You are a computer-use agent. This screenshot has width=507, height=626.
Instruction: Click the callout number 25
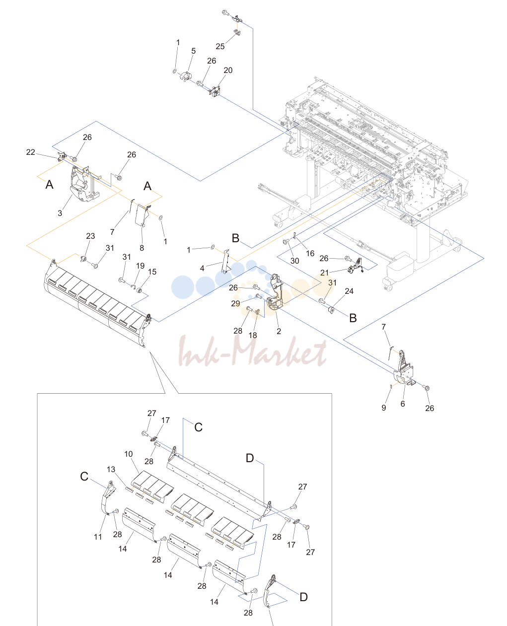pyautogui.click(x=220, y=47)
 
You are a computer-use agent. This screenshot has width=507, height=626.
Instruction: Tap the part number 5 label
pyautogui.click(x=193, y=51)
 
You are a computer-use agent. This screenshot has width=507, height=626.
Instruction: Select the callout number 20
pyautogui.click(x=228, y=70)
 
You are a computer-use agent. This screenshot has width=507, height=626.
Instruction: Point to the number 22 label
pyautogui.click(x=31, y=152)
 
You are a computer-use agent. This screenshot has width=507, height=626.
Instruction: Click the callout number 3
pyautogui.click(x=60, y=213)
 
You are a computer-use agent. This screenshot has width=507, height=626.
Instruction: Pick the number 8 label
pyautogui.click(x=142, y=248)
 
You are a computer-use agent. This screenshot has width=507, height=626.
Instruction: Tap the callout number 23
pyautogui.click(x=90, y=236)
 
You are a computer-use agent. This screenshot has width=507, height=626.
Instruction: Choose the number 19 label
pyautogui.click(x=140, y=266)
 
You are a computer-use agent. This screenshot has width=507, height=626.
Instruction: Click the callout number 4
pyautogui.click(x=202, y=269)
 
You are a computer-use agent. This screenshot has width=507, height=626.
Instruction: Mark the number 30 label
pyautogui.click(x=295, y=261)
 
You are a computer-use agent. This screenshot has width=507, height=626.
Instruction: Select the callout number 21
pyautogui.click(x=324, y=273)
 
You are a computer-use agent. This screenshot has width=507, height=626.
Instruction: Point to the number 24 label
pyautogui.click(x=349, y=291)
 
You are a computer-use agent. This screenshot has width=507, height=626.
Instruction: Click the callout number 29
pyautogui.click(x=235, y=303)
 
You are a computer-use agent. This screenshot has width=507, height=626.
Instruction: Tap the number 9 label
pyautogui.click(x=383, y=408)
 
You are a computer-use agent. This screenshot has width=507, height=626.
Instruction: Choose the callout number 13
pyautogui.click(x=111, y=469)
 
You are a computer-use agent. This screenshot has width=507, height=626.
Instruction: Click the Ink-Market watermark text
pyautogui.click(x=253, y=351)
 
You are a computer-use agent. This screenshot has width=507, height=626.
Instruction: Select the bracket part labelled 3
pyautogui.click(x=83, y=184)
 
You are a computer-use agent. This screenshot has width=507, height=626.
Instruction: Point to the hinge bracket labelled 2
pyautogui.click(x=276, y=291)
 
